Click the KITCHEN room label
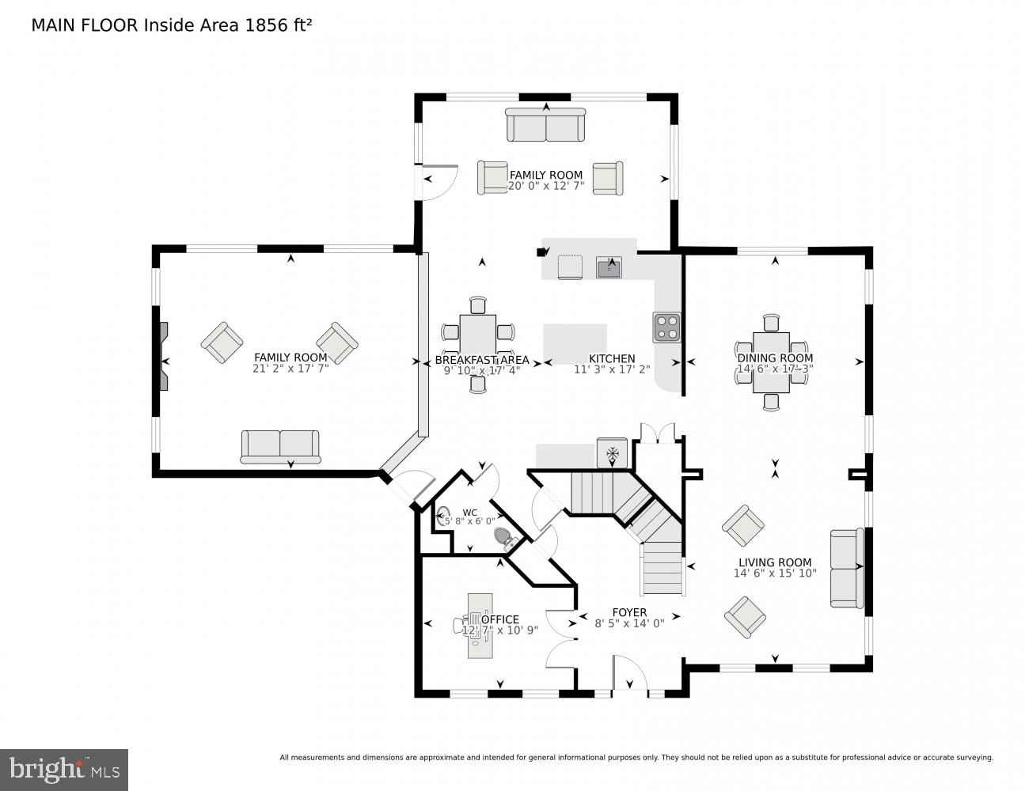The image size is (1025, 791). coord(611,358)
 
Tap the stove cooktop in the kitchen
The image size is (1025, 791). coord(666,327)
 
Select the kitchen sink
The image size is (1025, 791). coord(609,267)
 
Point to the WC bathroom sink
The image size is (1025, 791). coord(444,517)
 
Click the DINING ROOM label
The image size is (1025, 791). coord(775,358)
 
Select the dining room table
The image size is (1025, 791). coord(771,361)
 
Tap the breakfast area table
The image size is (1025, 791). coord(477,334)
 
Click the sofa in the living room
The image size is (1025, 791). coord(846,567)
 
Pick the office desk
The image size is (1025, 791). coord(480,626)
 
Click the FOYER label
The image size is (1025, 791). coord(629,611)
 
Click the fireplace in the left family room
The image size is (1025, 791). coord(163,356)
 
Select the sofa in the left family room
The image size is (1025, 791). coord(280,446)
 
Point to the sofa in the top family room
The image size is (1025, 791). coord(545,125)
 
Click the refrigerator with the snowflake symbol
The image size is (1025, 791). coord(612,453)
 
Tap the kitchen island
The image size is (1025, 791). coord(575,343)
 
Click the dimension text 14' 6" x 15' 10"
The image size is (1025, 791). coord(774,573)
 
